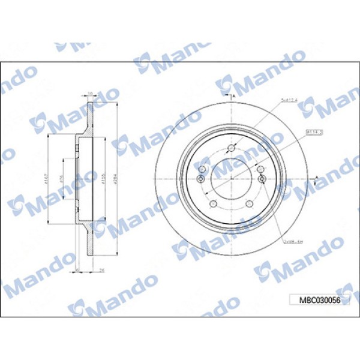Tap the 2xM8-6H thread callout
[292, 240]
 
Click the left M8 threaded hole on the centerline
[200, 178]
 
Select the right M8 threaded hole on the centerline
[260, 178]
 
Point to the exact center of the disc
[230, 178]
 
